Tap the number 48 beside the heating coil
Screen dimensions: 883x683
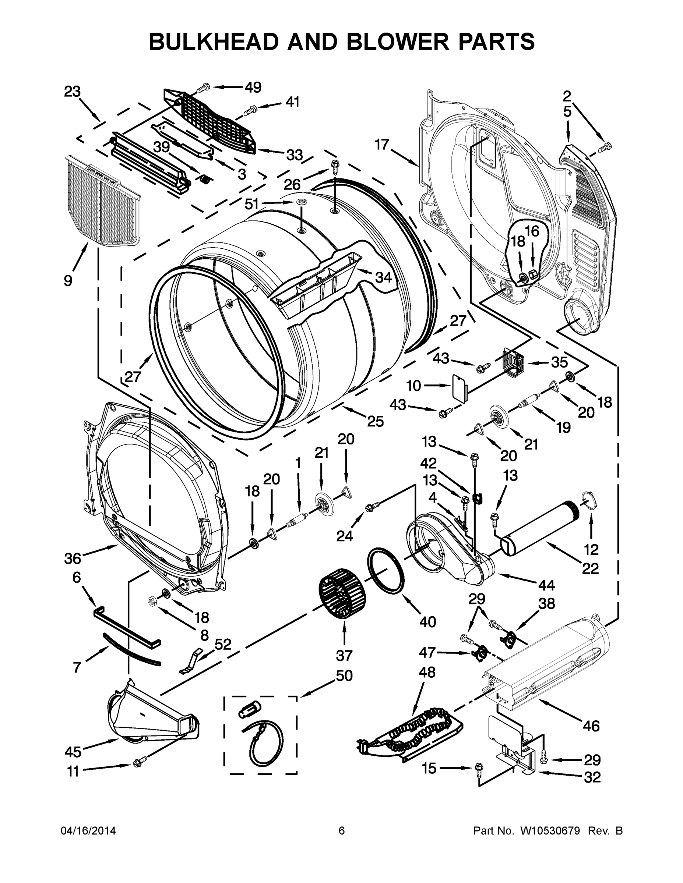coord(427,672)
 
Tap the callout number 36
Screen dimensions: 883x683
coord(73,558)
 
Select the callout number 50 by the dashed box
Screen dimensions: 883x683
coord(344,675)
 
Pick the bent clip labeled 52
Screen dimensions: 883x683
coord(191,662)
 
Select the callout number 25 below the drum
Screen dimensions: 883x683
coord(375,421)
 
